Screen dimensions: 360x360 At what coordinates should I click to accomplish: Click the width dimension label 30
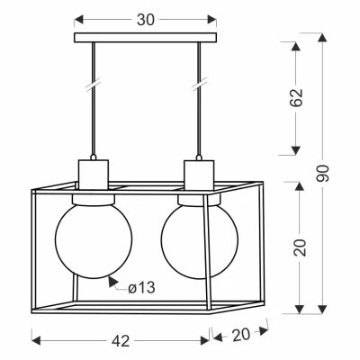point(146,20)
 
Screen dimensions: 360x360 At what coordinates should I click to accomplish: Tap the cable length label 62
point(297,97)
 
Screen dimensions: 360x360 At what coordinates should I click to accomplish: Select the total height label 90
point(322,173)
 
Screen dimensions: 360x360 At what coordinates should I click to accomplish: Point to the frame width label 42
point(121,341)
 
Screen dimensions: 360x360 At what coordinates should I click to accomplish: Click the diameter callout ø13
point(141,288)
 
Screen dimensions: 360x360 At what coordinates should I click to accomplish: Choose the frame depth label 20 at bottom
point(241,335)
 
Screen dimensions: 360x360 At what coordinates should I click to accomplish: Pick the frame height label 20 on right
point(300,247)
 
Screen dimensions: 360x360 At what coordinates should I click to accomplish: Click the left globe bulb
point(94,240)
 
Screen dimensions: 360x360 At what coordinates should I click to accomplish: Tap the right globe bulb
point(200,240)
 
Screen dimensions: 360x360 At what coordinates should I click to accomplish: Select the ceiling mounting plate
point(145,37)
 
